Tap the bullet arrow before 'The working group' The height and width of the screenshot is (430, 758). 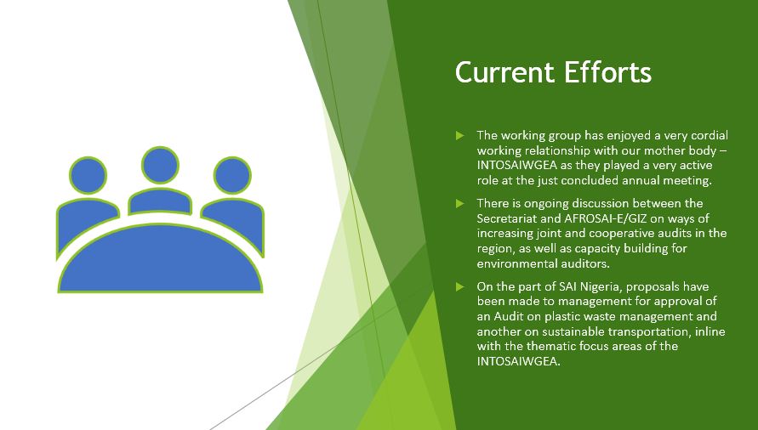[459, 135]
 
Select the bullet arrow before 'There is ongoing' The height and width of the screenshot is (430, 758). [459, 203]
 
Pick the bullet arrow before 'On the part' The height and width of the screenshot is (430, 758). [459, 287]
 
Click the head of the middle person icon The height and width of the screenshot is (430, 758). [160, 165]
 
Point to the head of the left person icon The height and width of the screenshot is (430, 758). [88, 175]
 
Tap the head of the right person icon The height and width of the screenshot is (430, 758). [232, 175]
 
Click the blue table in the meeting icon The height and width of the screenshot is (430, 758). [160, 261]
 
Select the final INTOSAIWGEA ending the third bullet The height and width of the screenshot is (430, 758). [517, 361]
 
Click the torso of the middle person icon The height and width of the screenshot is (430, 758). [160, 201]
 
